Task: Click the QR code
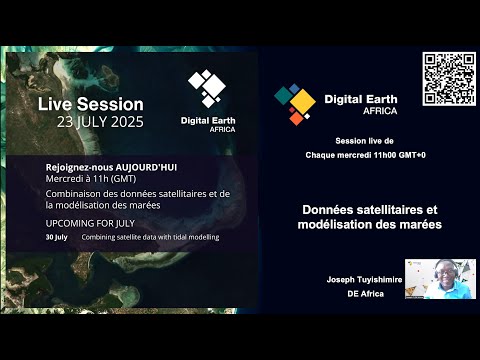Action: click(447, 79)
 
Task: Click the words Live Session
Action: click(91, 104)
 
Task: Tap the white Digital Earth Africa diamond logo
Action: click(208, 88)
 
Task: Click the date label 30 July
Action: click(56, 237)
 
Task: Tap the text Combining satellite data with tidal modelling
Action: click(150, 237)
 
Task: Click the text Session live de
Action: click(361, 143)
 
